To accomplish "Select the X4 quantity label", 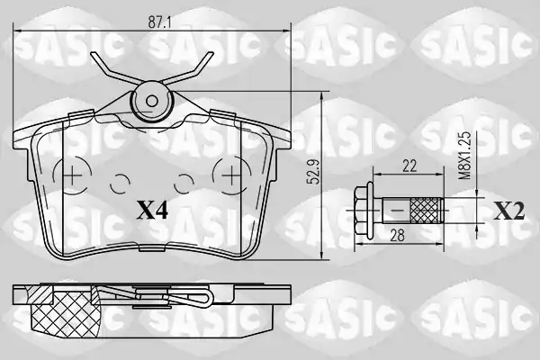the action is point(152,211).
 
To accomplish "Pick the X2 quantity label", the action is point(509,211).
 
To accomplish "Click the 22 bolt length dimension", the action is point(409,166).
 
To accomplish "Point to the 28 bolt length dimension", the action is point(398,236).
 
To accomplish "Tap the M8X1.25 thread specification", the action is point(465,156).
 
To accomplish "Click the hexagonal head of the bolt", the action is point(364,210).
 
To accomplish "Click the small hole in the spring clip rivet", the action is point(151,101).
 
